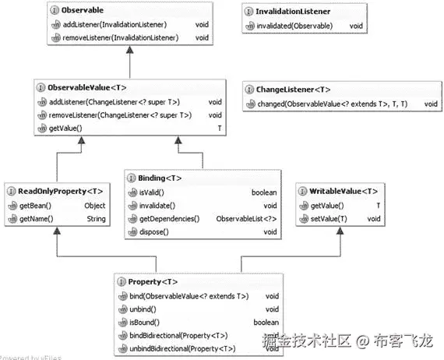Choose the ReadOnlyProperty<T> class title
tap(60, 191)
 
